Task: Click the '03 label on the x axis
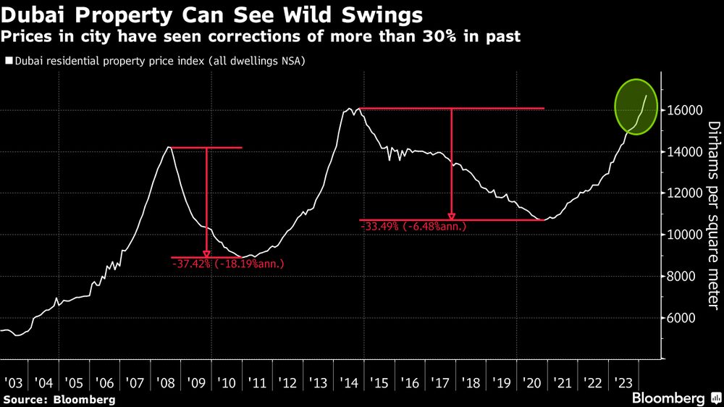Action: [x=14, y=382]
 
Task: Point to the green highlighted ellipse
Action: [x=636, y=106]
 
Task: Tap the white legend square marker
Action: [x=8, y=62]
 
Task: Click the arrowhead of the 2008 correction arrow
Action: [x=206, y=253]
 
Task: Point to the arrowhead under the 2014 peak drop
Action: [x=451, y=216]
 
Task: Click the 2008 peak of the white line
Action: [x=169, y=147]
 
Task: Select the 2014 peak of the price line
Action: [x=350, y=109]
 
